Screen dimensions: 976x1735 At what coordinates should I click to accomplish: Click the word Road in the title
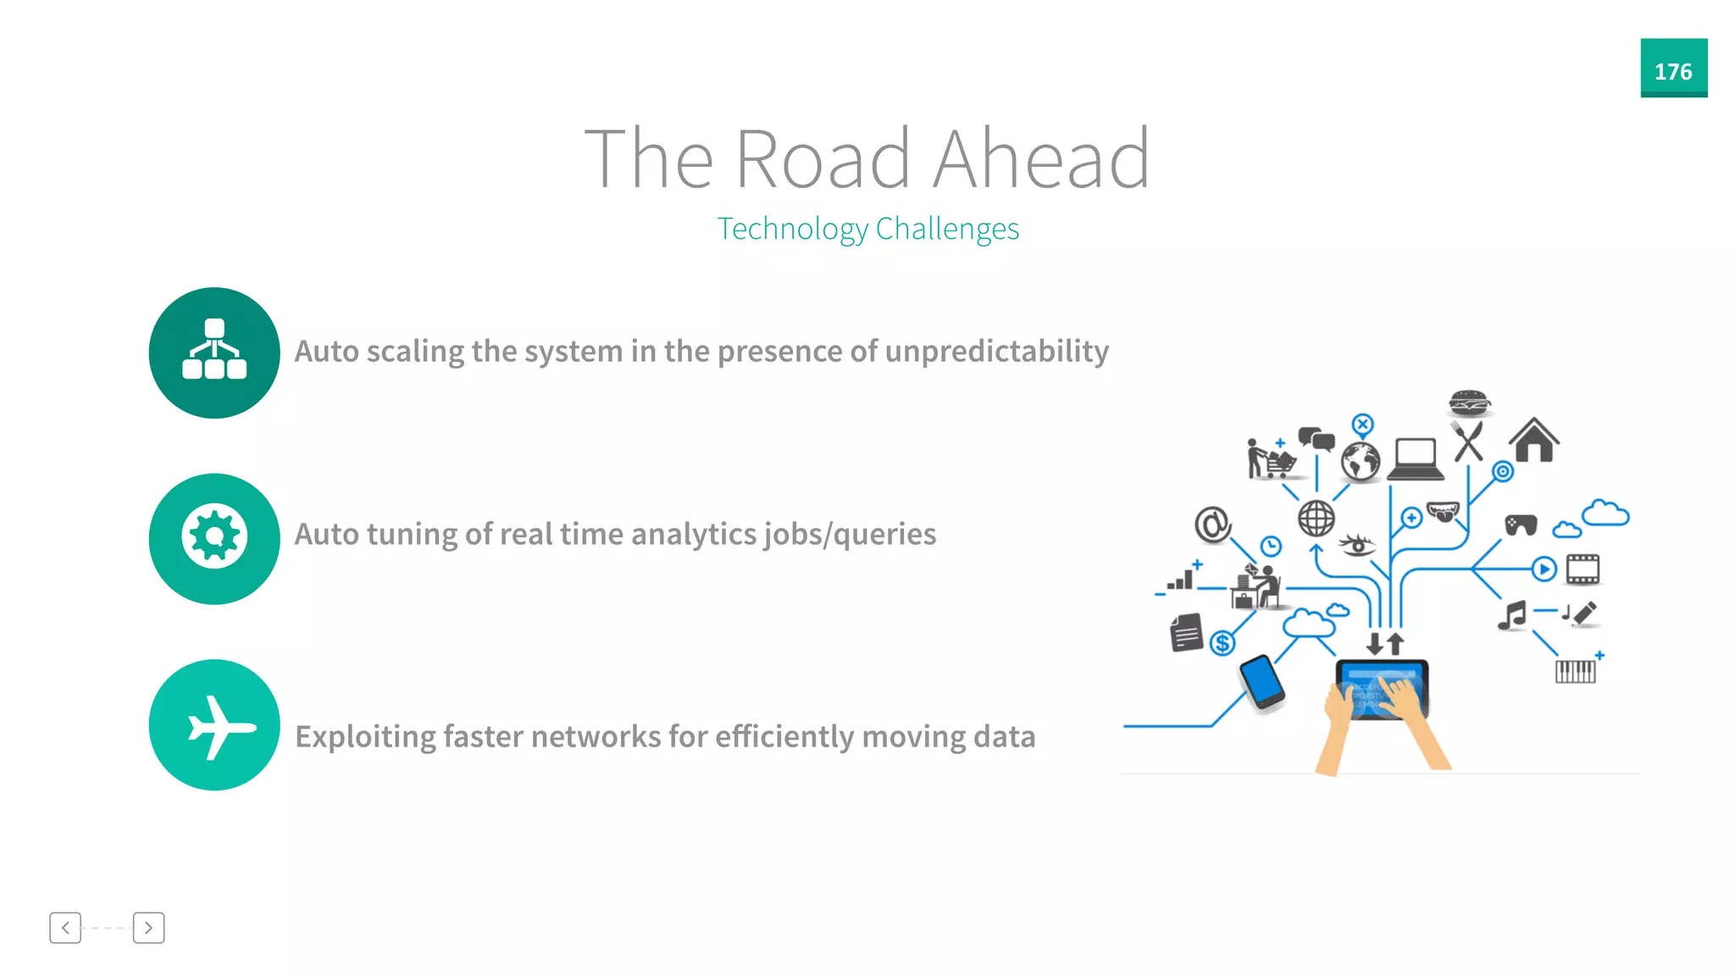click(821, 159)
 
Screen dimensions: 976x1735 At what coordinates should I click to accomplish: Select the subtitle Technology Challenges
click(867, 229)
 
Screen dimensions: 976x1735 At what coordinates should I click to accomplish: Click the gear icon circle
click(214, 538)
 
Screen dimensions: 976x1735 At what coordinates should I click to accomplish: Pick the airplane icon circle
click(214, 725)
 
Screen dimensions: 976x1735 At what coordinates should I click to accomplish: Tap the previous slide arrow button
click(65, 928)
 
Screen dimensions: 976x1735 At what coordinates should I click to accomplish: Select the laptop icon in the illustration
click(1415, 458)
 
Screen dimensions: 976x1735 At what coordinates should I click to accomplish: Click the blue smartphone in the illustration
click(1261, 681)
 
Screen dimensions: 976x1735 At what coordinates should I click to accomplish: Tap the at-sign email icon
click(1212, 524)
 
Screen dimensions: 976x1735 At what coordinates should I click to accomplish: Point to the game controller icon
click(1521, 525)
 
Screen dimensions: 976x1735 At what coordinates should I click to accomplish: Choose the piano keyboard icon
click(1575, 671)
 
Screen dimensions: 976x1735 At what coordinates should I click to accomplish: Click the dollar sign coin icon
click(1222, 644)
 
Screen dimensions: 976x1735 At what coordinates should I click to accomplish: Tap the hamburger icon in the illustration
click(1469, 402)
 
